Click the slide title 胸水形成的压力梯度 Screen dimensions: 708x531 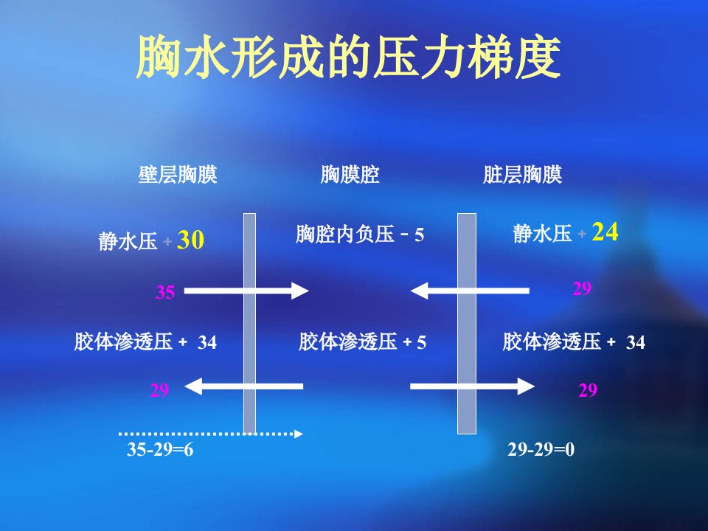point(349,57)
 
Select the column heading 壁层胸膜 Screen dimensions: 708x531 point(178,174)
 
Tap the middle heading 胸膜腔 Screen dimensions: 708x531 point(350,174)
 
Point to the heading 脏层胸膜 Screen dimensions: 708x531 point(522,174)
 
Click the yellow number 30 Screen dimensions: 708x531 point(190,240)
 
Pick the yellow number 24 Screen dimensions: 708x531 point(605,232)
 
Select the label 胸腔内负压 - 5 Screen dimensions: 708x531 point(360,235)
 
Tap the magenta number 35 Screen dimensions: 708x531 point(165,292)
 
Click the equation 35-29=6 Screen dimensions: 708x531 point(160,449)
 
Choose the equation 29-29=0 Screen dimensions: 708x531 point(541,449)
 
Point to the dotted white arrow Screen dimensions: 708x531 point(210,434)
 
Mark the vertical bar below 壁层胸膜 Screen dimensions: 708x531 point(250,323)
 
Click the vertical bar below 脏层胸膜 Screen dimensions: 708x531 point(467,323)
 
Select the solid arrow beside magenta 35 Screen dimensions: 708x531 point(246,291)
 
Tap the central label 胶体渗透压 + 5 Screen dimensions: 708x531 point(363,341)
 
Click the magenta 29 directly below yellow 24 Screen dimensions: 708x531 point(582,288)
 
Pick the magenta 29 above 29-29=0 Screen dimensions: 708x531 point(588,390)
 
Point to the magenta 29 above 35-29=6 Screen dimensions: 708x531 point(159,390)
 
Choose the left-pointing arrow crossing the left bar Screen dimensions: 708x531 point(244,386)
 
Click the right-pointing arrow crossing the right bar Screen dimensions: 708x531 point(472,386)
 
